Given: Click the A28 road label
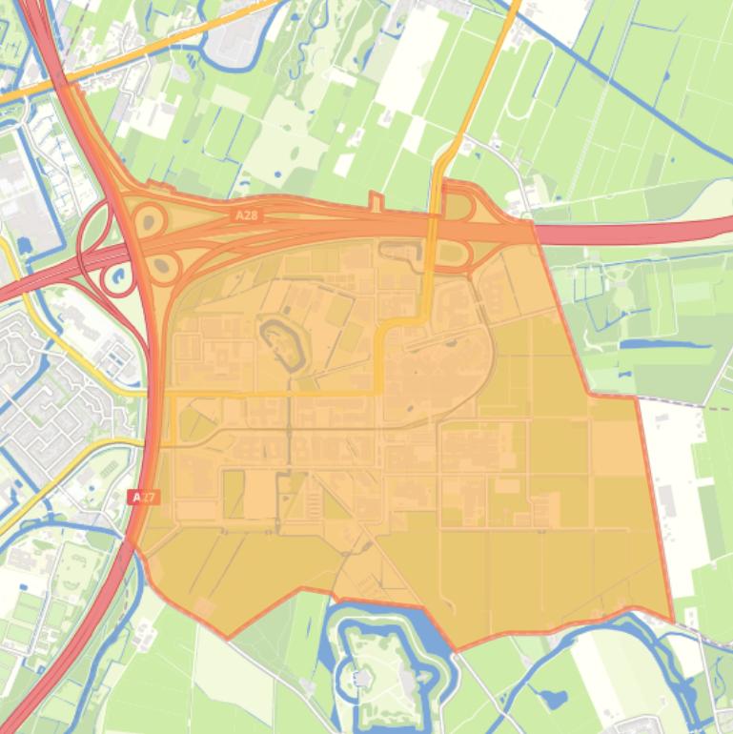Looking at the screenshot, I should click(247, 216).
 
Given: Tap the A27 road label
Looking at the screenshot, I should click(144, 497).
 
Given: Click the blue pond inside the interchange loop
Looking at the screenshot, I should click(120, 278).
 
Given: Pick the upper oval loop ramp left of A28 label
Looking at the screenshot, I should click(150, 222).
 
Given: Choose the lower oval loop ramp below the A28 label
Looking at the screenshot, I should click(163, 267).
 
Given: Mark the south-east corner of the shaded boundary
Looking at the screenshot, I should click(672, 622).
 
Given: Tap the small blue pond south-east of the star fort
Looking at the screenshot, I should click(553, 699).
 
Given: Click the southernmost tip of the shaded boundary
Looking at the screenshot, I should click(456, 650).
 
